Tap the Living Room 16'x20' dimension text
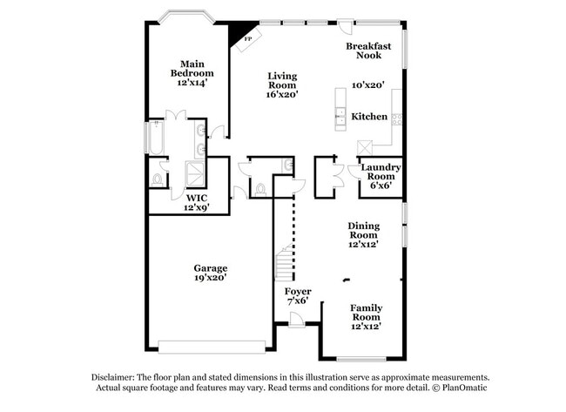[x=282, y=94]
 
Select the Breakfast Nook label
[x=363, y=51]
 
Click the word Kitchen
[x=369, y=117]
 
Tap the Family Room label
[x=366, y=312]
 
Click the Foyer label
[x=298, y=291]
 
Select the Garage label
[x=210, y=268]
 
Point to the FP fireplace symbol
[x=247, y=39]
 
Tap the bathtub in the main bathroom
[x=157, y=139]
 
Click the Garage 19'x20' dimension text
[x=210, y=279]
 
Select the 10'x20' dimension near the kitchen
[x=367, y=85]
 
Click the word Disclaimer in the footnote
[x=112, y=377]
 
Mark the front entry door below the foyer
[x=298, y=323]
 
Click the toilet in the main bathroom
[x=158, y=179]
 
